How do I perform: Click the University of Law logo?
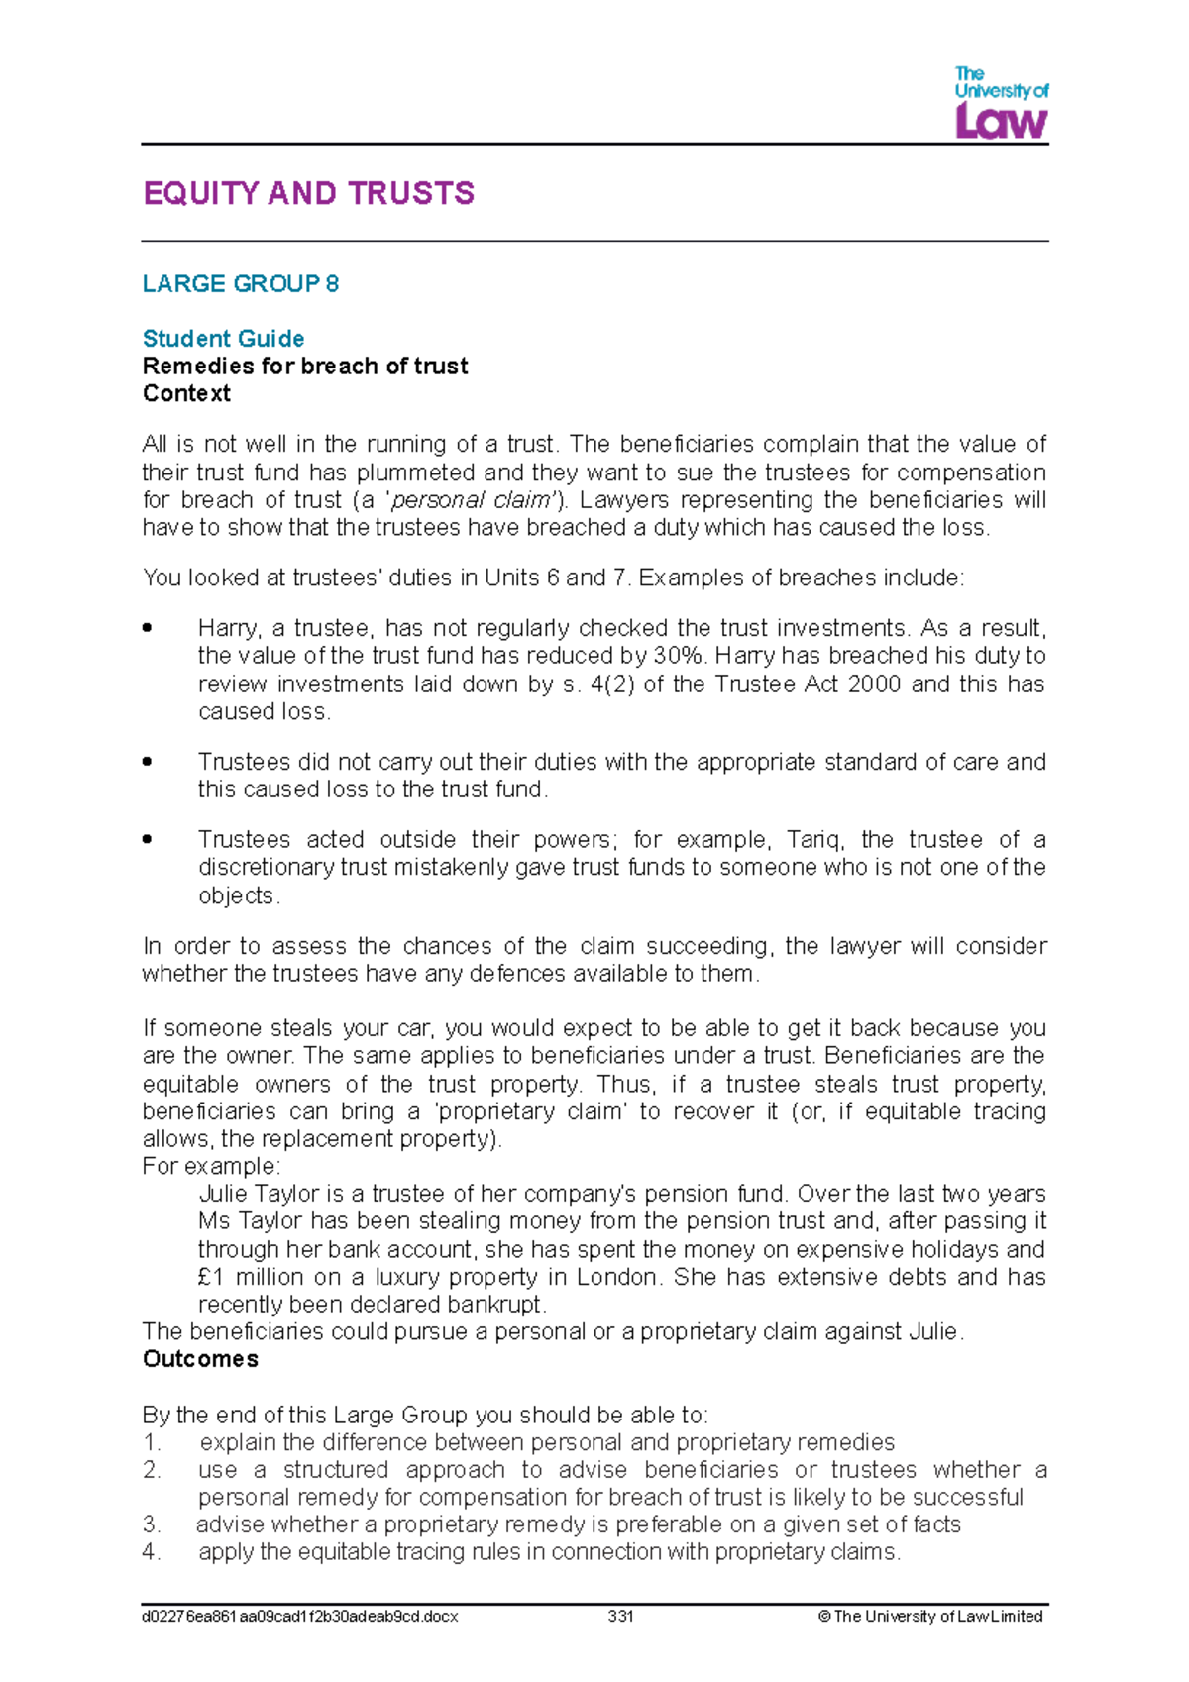(1001, 103)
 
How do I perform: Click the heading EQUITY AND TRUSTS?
(308, 193)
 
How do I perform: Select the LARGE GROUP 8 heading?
(241, 284)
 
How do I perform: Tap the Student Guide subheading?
(223, 339)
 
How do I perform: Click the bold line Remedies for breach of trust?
(305, 367)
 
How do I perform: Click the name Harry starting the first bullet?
(227, 628)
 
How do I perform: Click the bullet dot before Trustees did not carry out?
(147, 762)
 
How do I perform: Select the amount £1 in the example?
(212, 1277)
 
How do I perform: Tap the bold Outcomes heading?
(200, 1359)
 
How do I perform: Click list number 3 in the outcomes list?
(151, 1524)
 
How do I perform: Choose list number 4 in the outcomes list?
(151, 1552)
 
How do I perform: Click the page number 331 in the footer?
(620, 1617)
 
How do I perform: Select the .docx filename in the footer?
(300, 1617)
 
